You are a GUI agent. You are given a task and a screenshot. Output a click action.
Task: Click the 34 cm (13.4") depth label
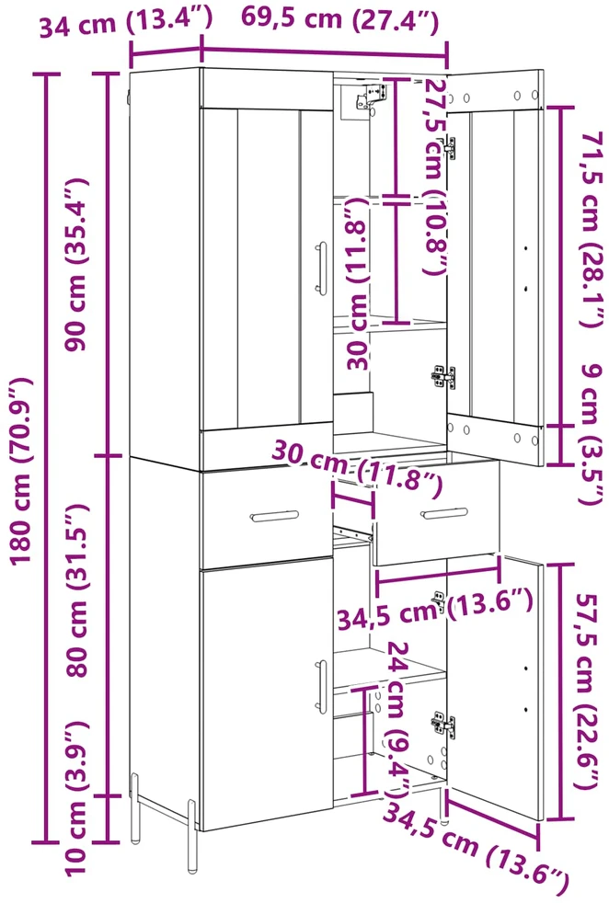coord(126,22)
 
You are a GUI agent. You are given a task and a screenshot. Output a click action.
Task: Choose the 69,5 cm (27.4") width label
coord(340,19)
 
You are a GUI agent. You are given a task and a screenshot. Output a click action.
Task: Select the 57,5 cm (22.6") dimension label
coord(588,692)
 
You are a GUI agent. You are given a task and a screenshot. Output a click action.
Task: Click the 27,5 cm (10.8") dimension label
coord(435,177)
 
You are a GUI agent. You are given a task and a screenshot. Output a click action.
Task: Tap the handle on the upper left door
coord(321,269)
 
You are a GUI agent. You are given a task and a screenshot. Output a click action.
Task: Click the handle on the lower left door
coord(321,687)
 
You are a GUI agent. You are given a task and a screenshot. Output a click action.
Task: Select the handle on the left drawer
coord(275,517)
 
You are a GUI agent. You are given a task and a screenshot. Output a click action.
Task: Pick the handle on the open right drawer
coord(444,513)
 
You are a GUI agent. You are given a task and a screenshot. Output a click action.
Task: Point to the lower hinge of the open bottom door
coord(443,724)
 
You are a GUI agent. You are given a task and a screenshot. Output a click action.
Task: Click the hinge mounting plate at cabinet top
coord(369,96)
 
